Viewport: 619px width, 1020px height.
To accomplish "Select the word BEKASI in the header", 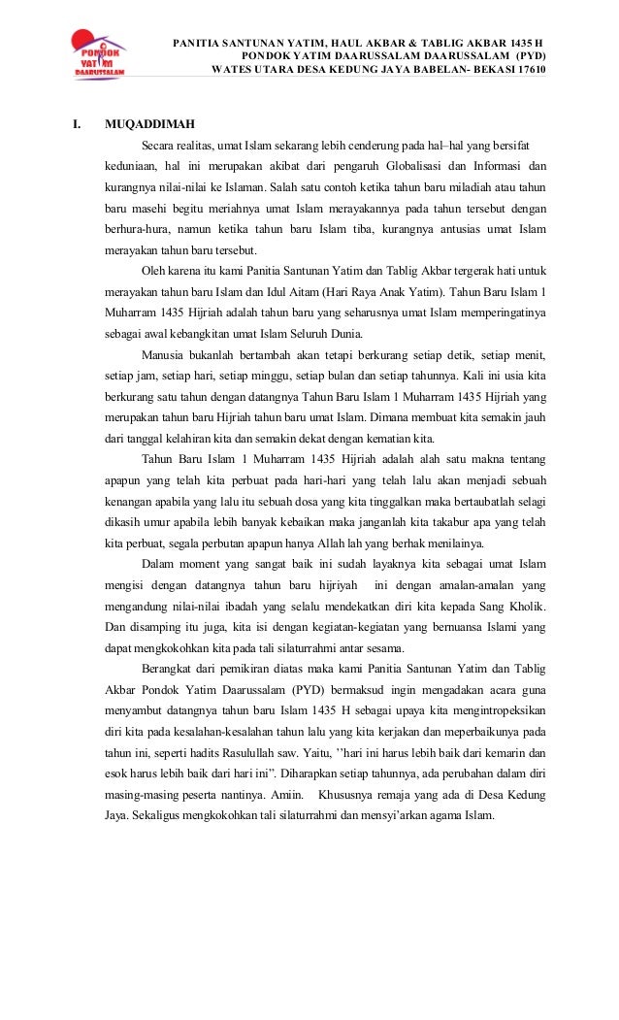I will click(487, 71).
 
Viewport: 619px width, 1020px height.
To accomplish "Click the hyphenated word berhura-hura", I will click(137, 229).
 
